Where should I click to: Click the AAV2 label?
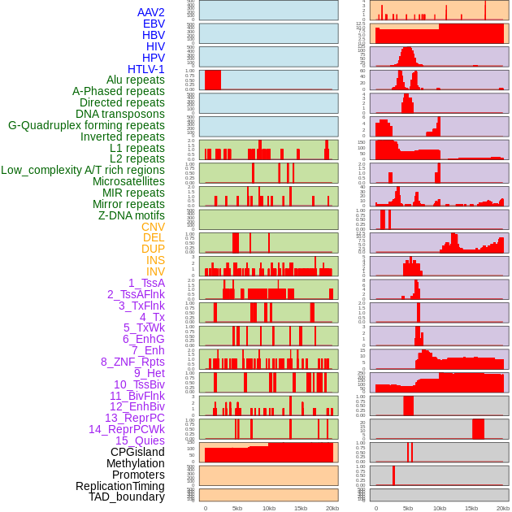point(150,13)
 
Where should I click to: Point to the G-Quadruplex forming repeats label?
point(86,125)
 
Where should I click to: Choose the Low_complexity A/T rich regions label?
point(83,170)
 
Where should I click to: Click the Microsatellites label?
point(128,181)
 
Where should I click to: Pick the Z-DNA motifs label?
point(131,215)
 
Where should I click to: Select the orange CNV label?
point(153,227)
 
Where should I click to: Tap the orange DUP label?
point(153,249)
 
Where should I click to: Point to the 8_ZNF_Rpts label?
point(132,362)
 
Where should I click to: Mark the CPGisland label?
point(137,452)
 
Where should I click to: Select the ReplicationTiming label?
point(119,486)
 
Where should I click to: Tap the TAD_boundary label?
point(126,497)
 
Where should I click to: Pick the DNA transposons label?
point(120,114)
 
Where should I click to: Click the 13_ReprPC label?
point(134,418)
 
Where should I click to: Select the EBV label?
point(154,24)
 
